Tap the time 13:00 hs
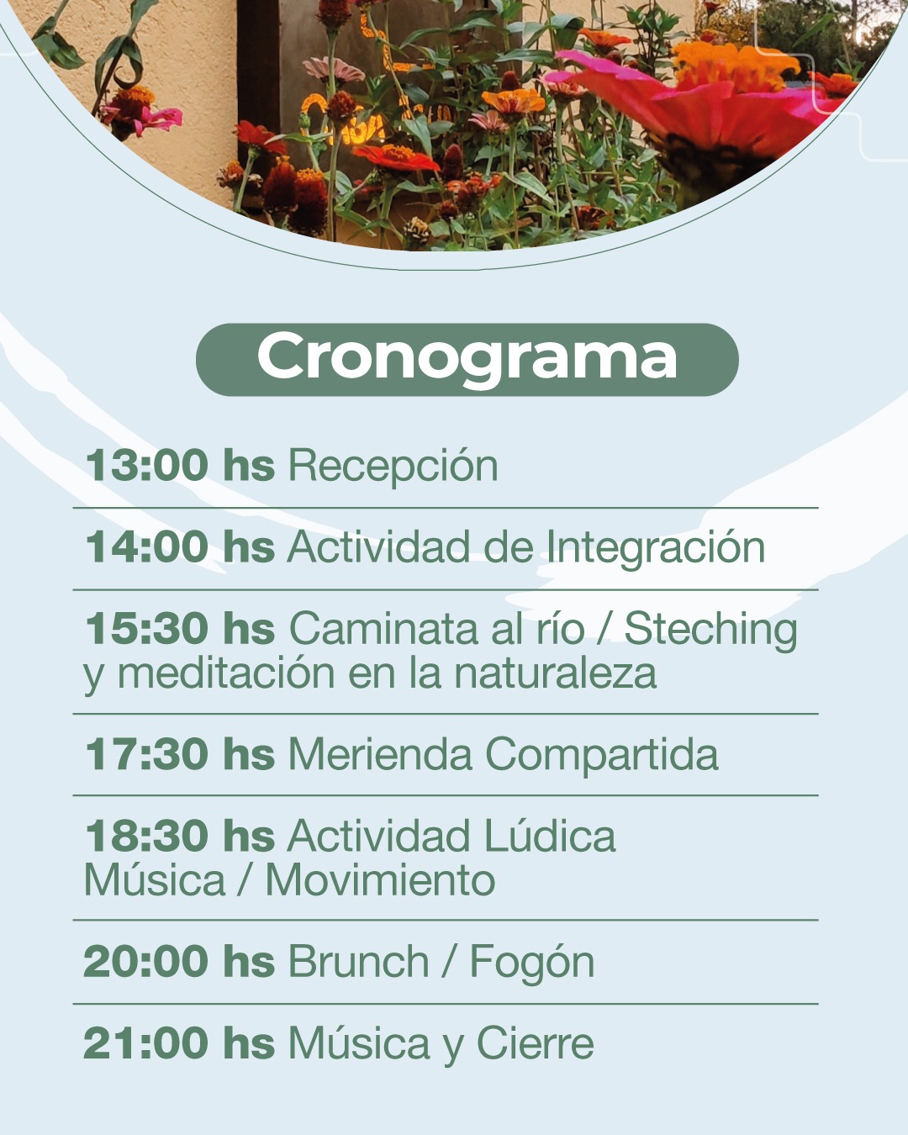tap(180, 465)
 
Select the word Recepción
tap(393, 465)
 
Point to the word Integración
tap(655, 548)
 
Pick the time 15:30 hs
tap(180, 628)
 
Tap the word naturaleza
tap(555, 673)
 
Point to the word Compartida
tap(601, 756)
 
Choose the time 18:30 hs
tap(180, 836)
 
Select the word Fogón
tap(532, 963)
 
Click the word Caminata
tap(383, 628)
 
